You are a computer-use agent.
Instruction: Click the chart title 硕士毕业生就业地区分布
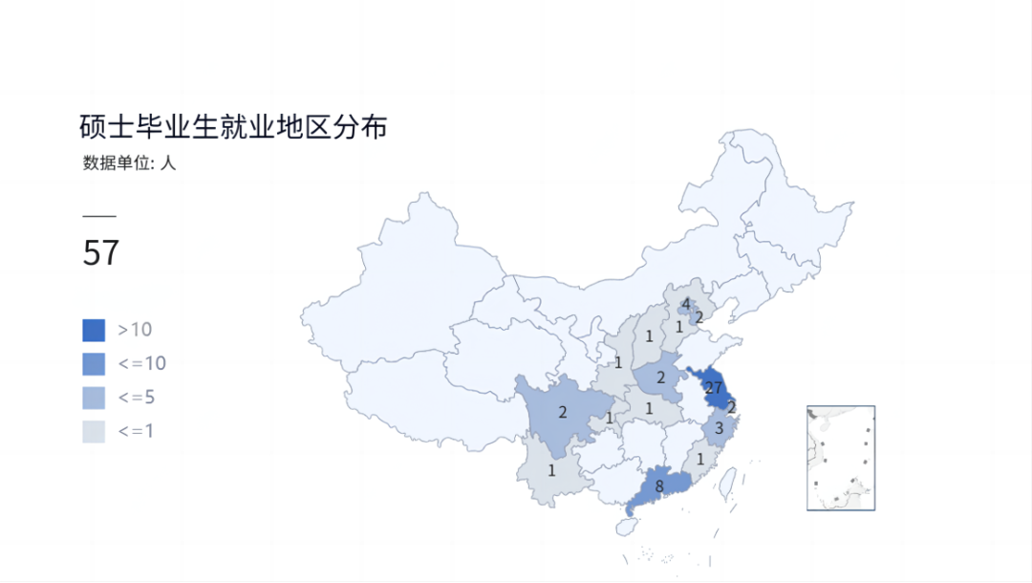coord(233,127)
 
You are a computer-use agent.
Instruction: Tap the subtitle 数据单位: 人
coord(129,163)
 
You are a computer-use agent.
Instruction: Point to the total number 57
coord(101,253)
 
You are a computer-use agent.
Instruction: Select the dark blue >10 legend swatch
coord(94,331)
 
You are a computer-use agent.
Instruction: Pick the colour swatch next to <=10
coord(94,364)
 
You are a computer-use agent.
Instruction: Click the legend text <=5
coord(137,398)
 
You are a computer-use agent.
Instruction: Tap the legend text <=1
coord(137,431)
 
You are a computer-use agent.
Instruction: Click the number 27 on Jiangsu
coord(713,388)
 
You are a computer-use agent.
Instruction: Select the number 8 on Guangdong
coord(659,486)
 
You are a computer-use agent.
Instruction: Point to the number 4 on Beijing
coord(686,305)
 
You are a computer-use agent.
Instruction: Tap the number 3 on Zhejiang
coord(720,429)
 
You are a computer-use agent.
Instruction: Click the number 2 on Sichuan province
coord(563,413)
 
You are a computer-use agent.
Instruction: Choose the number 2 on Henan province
coord(660,378)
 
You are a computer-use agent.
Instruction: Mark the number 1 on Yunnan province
coord(551,470)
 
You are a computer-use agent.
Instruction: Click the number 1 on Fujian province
coord(701,459)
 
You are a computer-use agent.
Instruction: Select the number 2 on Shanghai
coord(732,407)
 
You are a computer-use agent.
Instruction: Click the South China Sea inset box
coord(841,458)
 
